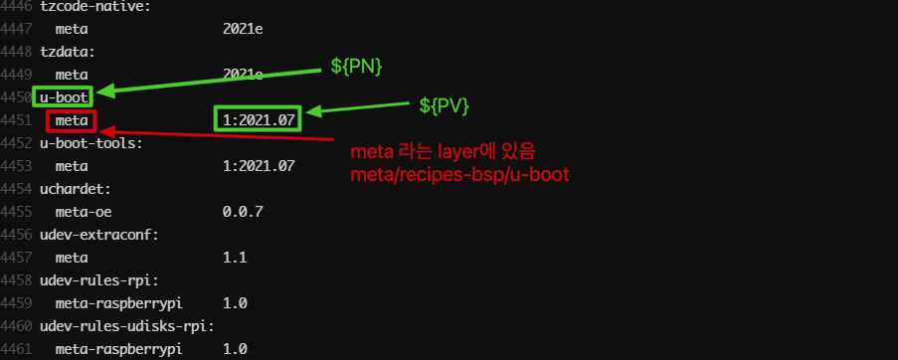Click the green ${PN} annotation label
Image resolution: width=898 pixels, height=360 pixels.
click(356, 67)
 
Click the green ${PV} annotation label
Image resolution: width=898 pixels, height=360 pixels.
click(444, 104)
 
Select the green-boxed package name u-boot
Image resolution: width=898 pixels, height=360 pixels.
click(62, 97)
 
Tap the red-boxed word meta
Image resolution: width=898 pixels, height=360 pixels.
click(72, 120)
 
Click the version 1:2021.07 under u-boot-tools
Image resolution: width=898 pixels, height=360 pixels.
click(259, 166)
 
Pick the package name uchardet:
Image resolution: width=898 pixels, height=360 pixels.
click(71, 189)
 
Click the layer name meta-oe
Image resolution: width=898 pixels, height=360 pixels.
click(80, 212)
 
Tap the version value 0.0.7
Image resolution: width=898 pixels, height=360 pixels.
click(243, 212)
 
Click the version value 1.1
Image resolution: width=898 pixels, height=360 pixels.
click(235, 258)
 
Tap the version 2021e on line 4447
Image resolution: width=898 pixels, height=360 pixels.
click(243, 29)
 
